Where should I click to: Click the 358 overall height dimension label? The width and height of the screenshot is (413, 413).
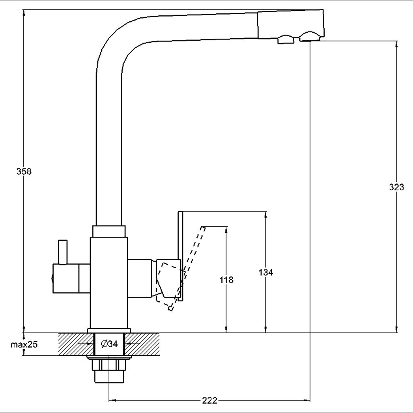24,171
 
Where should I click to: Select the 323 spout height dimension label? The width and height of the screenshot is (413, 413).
396,187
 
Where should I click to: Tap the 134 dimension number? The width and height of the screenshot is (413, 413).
265,272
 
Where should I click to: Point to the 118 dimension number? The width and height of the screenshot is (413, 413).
226,280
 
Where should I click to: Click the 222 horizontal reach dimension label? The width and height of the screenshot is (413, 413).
210,400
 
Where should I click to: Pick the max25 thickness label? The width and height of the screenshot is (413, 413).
24,344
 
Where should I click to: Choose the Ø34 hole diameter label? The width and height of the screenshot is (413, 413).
109,344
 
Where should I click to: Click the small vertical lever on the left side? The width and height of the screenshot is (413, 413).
63,252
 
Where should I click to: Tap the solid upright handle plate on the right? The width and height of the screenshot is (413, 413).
180,256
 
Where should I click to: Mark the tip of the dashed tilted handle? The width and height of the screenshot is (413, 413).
203,227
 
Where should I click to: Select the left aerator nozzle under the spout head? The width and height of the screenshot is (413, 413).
286,40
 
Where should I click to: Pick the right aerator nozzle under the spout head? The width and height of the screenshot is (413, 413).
309,36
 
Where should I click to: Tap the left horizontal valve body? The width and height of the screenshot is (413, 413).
71,278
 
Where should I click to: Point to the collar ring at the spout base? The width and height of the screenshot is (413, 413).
109,231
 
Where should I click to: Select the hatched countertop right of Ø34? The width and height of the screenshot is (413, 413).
142,344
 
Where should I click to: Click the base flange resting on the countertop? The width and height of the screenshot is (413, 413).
109,331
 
